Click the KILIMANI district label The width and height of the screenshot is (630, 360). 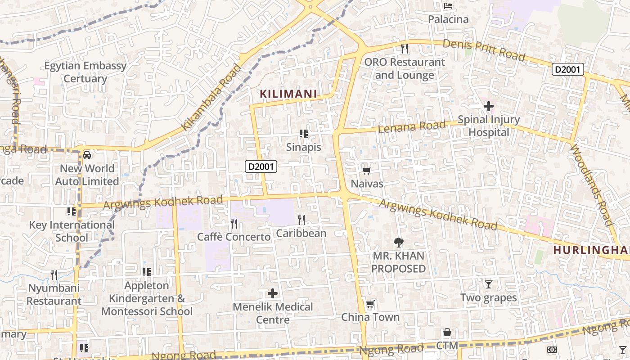click(288, 94)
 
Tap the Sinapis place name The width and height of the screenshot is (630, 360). click(304, 147)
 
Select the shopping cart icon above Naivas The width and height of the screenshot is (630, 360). click(366, 171)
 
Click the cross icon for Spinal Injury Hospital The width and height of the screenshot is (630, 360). click(489, 107)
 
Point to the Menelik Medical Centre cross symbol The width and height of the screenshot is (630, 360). click(273, 293)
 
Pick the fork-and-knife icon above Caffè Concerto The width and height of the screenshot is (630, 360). click(234, 223)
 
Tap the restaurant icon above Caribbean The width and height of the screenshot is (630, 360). click(301, 220)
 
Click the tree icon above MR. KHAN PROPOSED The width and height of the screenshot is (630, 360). click(398, 243)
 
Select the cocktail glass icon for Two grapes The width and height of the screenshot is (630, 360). click(489, 284)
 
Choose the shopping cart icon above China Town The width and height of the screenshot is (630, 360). click(370, 304)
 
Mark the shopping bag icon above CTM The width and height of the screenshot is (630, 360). click(447, 333)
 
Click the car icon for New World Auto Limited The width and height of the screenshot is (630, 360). click(87, 155)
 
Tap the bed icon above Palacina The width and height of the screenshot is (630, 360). click(448, 6)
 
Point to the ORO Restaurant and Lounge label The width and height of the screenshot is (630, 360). click(404, 68)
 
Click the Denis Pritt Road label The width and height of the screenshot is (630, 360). click(484, 49)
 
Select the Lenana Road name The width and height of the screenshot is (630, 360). click(412, 126)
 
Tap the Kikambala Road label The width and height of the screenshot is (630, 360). click(212, 98)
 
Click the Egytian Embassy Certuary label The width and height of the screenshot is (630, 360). click(85, 72)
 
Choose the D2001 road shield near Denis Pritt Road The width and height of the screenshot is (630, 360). click(568, 70)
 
